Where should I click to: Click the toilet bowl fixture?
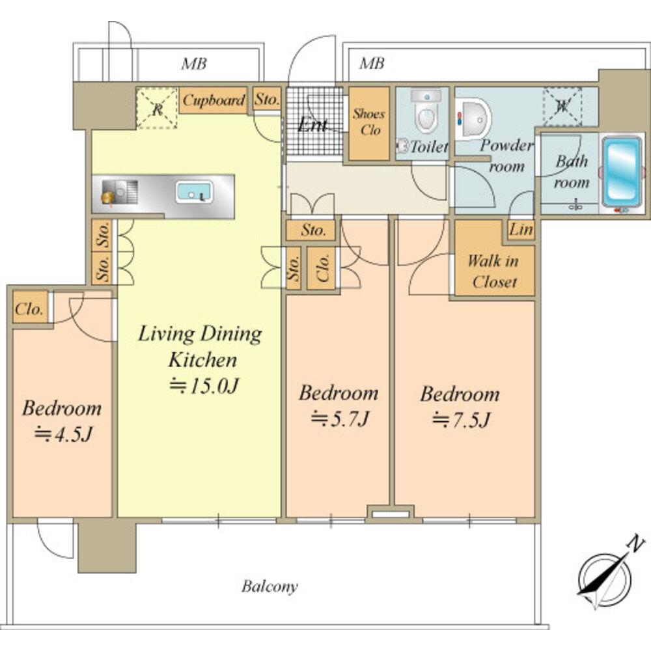[x=426, y=111]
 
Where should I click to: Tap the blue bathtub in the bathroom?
[x=621, y=172]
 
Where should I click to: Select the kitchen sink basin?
[x=194, y=192]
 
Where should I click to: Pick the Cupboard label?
[x=214, y=100]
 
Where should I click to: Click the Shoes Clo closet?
[x=369, y=123]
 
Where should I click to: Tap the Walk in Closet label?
[x=494, y=271]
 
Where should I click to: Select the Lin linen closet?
[x=521, y=230]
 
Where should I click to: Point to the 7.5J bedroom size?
[x=461, y=419]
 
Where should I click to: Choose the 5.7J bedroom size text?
[x=340, y=419]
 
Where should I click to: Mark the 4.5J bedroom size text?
[x=62, y=434]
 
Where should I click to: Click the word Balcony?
[x=270, y=587]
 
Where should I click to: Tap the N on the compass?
[x=635, y=544]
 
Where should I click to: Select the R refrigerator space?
[x=158, y=108]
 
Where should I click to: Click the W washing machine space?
[x=562, y=106]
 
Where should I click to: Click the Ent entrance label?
[x=312, y=124]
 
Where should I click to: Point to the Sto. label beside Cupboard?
[x=266, y=99]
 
